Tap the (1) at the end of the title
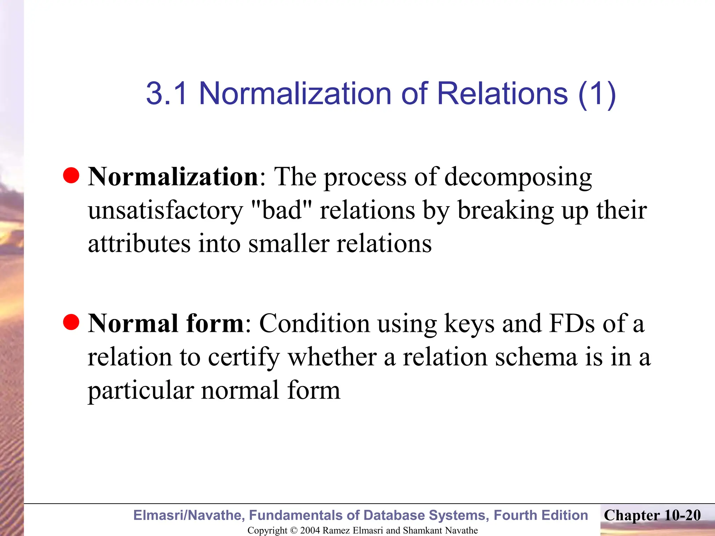pos(597,94)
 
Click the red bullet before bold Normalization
pos(71,175)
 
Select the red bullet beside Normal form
pos(71,322)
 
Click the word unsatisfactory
pos(165,211)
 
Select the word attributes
pos(139,244)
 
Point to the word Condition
pos(314,323)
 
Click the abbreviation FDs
pos(572,323)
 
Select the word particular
pos(141,391)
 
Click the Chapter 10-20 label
pos(652,515)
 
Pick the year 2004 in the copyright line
pos(310,530)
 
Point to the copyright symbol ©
pos(293,530)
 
